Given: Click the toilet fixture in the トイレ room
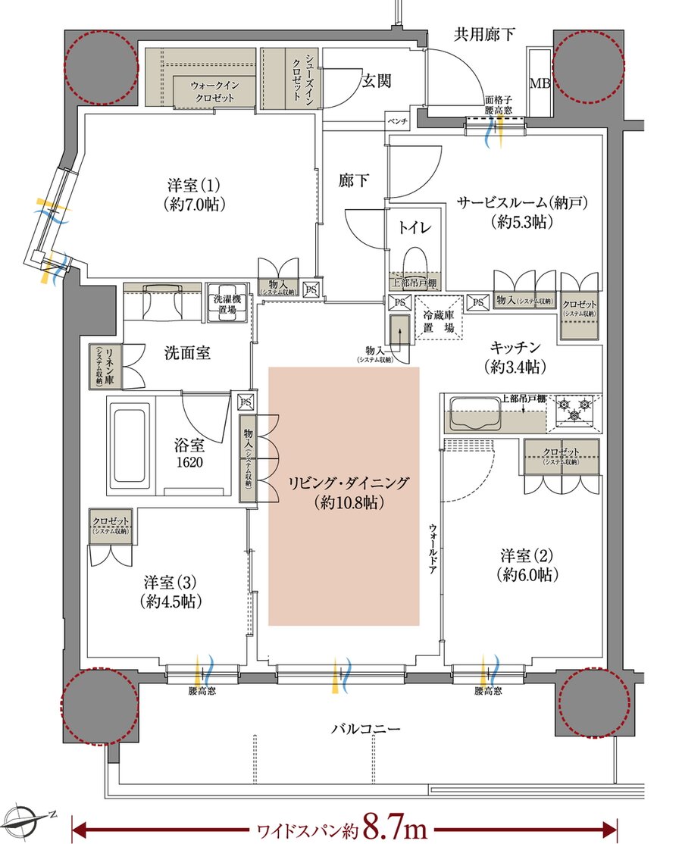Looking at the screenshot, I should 414,260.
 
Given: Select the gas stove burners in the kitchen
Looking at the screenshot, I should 575,411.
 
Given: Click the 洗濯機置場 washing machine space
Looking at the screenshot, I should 227,305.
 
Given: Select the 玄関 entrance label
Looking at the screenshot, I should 376,81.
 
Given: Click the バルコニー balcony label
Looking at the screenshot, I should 365,730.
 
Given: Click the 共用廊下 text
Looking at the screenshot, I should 485,33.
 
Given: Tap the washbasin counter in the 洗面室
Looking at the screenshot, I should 160,302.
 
